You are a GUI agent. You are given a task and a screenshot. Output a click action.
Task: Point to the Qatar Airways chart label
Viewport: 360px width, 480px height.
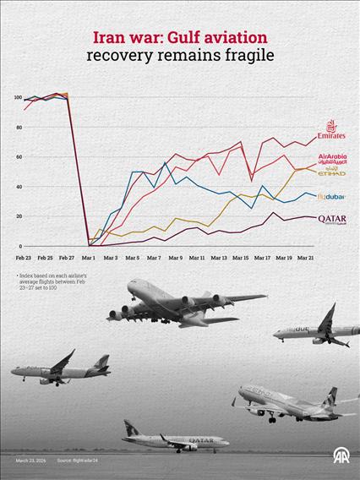coord(331,219)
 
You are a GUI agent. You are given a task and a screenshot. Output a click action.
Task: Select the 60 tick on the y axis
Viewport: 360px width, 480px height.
coord(18,157)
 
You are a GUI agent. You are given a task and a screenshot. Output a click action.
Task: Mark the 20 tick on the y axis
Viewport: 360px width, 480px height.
coord(18,216)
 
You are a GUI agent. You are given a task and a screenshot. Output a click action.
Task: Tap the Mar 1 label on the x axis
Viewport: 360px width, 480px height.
coord(89,257)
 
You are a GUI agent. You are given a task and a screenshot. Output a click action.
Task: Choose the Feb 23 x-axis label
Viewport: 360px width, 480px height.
coord(24,257)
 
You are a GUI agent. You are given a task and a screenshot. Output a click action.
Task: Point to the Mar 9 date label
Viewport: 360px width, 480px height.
coord(175,257)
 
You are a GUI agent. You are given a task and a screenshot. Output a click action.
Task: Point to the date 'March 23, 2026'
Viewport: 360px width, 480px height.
coord(31,461)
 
